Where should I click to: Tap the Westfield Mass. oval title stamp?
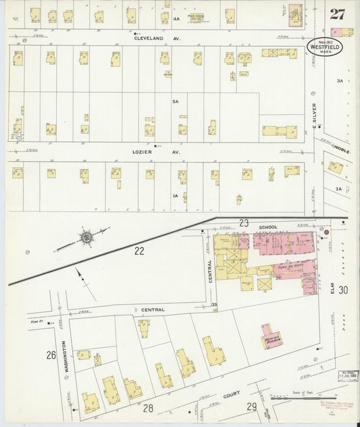pyautogui.click(x=327, y=47)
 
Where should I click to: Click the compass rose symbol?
pyautogui.click(x=86, y=237)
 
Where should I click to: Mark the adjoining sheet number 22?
pyautogui.click(x=140, y=251)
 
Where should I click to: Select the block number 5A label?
pyautogui.click(x=175, y=101)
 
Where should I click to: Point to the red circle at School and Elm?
pyautogui.click(x=327, y=232)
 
